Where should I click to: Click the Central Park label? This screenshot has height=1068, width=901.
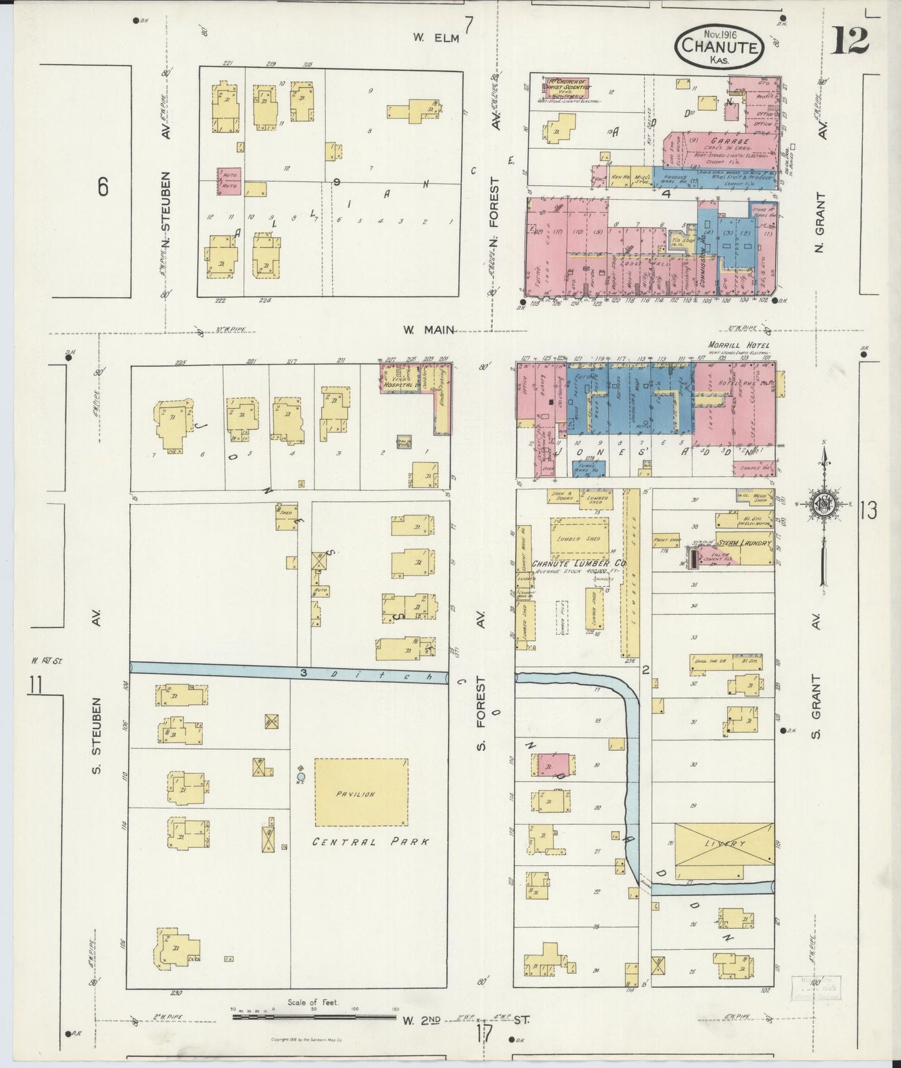point(370,842)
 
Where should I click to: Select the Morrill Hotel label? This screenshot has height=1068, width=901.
point(738,345)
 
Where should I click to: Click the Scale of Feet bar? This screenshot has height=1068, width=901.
point(312,1017)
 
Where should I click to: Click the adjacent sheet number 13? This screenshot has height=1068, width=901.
point(867,510)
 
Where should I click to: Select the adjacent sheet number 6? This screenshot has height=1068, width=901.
point(103,186)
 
